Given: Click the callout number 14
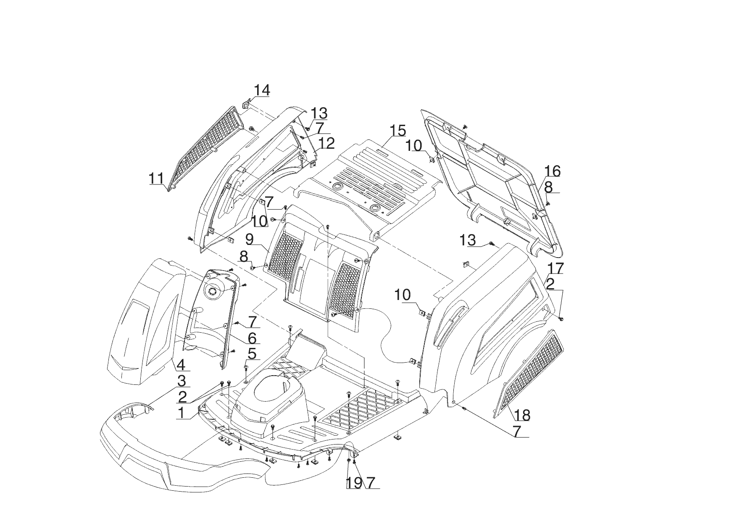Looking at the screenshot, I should [x=262, y=90].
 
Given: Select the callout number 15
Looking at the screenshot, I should [x=397, y=131].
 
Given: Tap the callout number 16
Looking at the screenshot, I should [x=553, y=171].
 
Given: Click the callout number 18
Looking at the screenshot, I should [x=522, y=415].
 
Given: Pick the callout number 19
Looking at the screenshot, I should [x=353, y=483].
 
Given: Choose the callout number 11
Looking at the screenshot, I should [x=156, y=179].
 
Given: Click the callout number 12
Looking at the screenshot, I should [x=326, y=143].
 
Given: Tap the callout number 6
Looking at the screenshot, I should [x=252, y=338].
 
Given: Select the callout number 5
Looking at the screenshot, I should [x=251, y=354].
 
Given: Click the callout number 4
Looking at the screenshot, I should [x=181, y=365].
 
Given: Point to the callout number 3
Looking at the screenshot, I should [x=181, y=381].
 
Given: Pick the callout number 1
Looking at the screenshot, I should [x=181, y=413].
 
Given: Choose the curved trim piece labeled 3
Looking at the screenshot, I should [x=132, y=410].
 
